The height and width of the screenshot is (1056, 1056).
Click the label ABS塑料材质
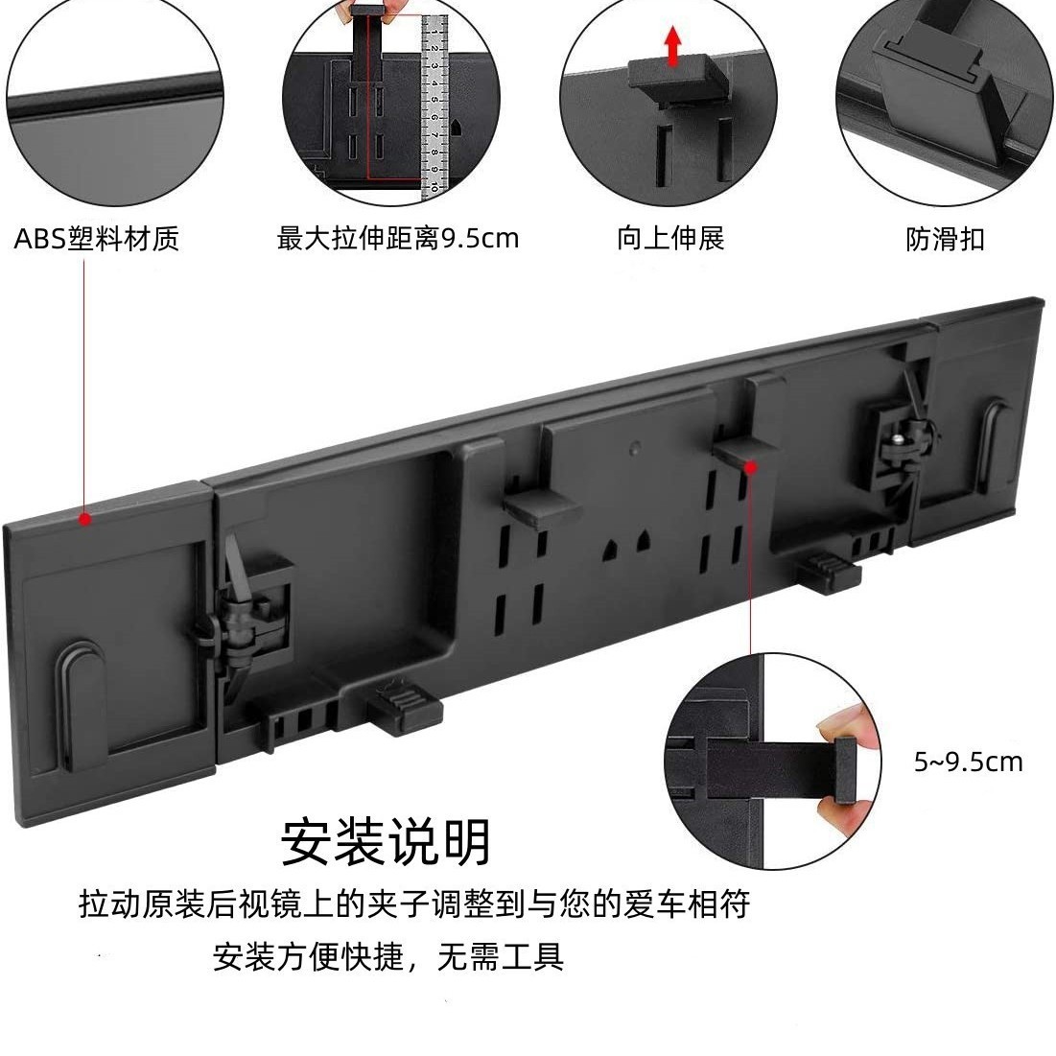coord(96,239)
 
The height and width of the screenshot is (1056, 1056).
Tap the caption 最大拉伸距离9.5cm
coord(397,239)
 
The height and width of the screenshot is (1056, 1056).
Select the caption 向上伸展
coord(670,239)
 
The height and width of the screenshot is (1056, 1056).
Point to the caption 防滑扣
coord(945,240)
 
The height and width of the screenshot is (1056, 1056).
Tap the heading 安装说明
coord(386,842)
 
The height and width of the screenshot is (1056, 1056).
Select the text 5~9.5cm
coord(968,762)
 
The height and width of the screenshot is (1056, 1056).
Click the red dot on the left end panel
coord(84,519)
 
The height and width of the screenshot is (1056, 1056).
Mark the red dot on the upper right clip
coord(750,466)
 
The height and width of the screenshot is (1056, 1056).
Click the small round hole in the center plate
coord(635,446)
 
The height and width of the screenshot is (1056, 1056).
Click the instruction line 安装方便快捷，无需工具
coord(388,956)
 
